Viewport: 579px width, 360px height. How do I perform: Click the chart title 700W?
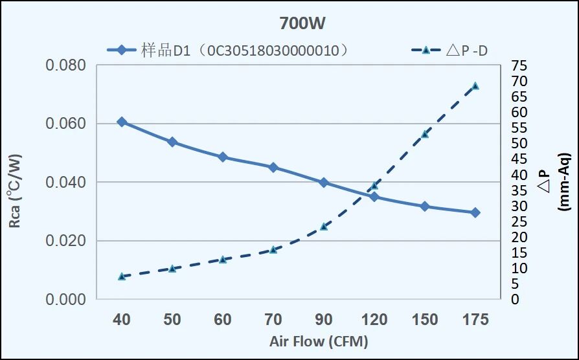(x=302, y=24)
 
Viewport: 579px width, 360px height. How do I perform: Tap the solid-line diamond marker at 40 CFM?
(x=122, y=122)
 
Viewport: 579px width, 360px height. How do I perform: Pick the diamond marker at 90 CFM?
(x=324, y=183)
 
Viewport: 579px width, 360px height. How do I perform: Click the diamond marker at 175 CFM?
(x=475, y=212)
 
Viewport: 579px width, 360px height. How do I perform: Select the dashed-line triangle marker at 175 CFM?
(x=475, y=85)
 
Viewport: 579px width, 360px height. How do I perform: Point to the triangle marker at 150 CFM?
(x=425, y=133)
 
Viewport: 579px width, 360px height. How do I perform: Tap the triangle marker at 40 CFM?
(x=122, y=276)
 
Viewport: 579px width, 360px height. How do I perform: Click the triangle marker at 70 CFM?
(x=273, y=249)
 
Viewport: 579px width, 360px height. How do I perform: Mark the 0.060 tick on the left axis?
(x=65, y=124)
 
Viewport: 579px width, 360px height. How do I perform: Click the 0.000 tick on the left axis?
(x=65, y=300)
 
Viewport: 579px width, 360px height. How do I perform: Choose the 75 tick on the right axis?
(x=519, y=65)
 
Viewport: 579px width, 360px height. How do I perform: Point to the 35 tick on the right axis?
(x=519, y=190)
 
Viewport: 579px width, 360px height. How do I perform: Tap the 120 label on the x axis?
(x=374, y=319)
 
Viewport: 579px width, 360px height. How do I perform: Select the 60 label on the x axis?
(x=223, y=319)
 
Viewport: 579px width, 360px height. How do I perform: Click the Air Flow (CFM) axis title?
(x=319, y=341)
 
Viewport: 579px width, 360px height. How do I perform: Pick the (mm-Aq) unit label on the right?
(x=564, y=182)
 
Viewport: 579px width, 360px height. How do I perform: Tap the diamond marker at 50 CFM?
(x=172, y=142)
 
